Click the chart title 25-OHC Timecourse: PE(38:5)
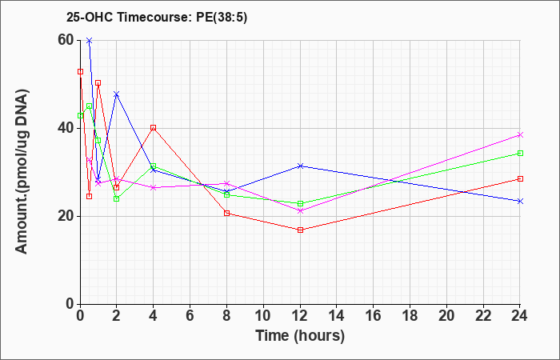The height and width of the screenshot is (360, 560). pyautogui.click(x=157, y=18)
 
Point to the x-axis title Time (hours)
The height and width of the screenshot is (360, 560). pyautogui.click(x=300, y=336)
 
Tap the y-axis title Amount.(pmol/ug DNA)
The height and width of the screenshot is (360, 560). pyautogui.click(x=22, y=171)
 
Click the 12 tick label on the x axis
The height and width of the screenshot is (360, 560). pyautogui.click(x=300, y=316)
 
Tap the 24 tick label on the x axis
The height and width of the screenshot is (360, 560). pyautogui.click(x=520, y=316)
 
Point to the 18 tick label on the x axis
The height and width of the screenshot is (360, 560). pyautogui.click(x=410, y=316)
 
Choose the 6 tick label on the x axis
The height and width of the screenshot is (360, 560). pyautogui.click(x=190, y=316)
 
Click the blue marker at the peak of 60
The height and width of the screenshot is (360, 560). pyautogui.click(x=90, y=40)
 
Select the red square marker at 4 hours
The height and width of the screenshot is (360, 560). pyautogui.click(x=154, y=127)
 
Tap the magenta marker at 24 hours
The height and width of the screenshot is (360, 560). pyautogui.click(x=520, y=134)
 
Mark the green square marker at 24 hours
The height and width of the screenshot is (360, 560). pyautogui.click(x=520, y=154)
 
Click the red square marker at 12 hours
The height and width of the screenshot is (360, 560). pyautogui.click(x=300, y=230)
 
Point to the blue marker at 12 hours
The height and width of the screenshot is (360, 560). pyautogui.click(x=300, y=166)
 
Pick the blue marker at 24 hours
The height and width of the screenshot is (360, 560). pyautogui.click(x=520, y=201)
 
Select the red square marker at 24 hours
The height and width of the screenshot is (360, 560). pyautogui.click(x=520, y=178)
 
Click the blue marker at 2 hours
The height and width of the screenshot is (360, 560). pyautogui.click(x=117, y=94)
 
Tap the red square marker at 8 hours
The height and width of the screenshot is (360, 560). pyautogui.click(x=226, y=214)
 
